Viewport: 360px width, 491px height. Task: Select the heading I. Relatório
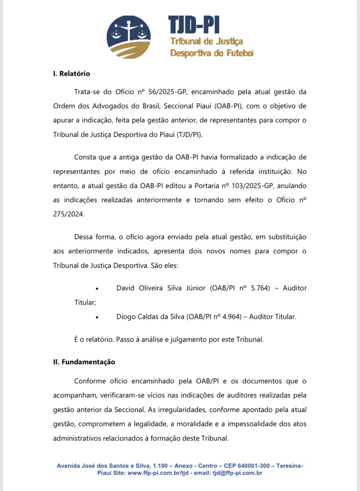[72, 74]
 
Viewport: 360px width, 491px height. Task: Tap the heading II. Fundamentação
[84, 362]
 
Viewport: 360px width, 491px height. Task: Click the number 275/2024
[69, 214]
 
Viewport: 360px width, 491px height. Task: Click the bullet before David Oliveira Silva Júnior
[97, 288]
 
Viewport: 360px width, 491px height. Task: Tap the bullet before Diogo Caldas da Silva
[97, 317]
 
